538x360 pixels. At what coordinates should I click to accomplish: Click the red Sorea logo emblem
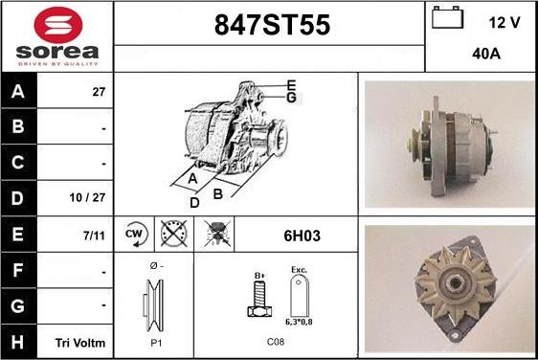pyautogui.click(x=58, y=25)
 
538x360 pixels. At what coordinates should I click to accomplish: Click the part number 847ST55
pyautogui.click(x=272, y=25)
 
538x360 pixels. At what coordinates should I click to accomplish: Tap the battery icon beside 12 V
pyautogui.click(x=447, y=17)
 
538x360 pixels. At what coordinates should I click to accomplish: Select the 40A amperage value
pyautogui.click(x=486, y=54)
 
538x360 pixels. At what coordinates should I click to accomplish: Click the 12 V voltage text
pyautogui.click(x=504, y=23)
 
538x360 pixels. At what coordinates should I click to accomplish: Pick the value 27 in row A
pyautogui.click(x=99, y=92)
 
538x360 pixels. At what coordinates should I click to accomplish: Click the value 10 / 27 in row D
pyautogui.click(x=87, y=197)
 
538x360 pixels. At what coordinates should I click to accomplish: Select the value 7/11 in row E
pyautogui.click(x=94, y=236)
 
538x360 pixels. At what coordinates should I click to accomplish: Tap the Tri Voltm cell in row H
pyautogui.click(x=80, y=343)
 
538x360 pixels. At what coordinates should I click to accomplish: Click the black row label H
pyautogui.click(x=18, y=342)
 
